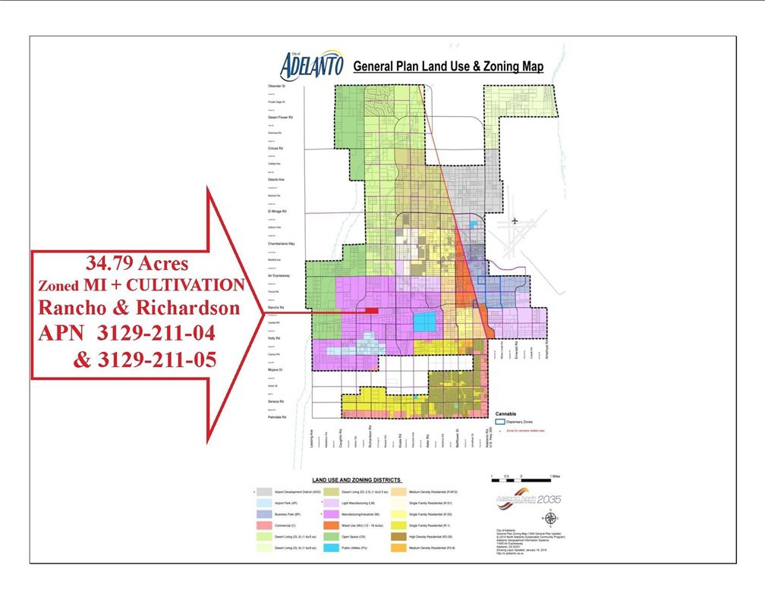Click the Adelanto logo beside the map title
311,65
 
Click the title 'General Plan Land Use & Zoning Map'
449,67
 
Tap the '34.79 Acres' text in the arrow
137,265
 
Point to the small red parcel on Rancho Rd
372,309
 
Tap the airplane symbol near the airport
515,221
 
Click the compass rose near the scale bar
551,519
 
